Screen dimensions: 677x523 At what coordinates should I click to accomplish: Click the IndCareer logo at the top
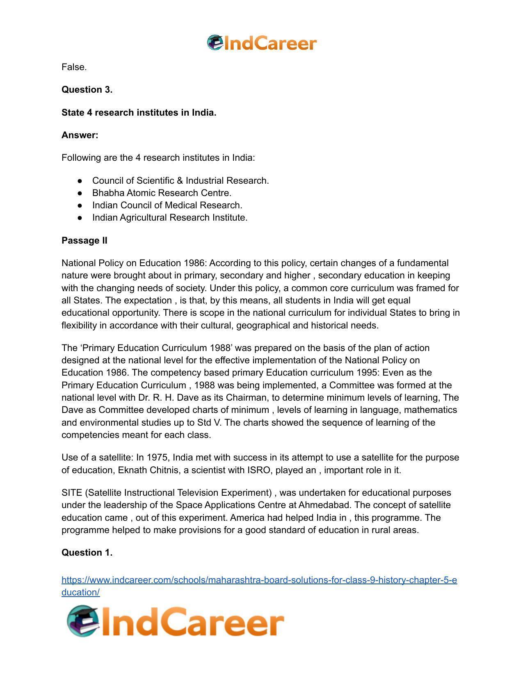(262, 43)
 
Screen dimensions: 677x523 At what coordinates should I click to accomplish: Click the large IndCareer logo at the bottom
(176, 622)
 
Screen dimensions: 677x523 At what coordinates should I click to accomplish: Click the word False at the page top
(73, 67)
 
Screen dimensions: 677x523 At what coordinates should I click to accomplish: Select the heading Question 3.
(87, 90)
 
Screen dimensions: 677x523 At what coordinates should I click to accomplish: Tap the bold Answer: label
(80, 135)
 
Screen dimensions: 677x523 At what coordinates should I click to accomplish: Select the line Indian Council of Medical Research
(167, 205)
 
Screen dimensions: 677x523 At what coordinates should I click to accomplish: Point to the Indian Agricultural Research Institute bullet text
(169, 218)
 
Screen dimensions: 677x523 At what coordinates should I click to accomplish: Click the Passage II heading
(85, 241)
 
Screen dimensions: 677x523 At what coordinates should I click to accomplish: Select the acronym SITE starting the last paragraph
(72, 493)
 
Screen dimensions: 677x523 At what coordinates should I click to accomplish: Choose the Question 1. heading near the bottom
(87, 553)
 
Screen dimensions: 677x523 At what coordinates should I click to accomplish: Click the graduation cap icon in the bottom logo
(88, 614)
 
